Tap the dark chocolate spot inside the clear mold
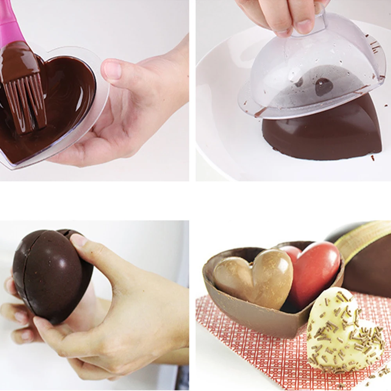click(323, 87)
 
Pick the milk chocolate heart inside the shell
click(256, 278)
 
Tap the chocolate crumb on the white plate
click(372, 158)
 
